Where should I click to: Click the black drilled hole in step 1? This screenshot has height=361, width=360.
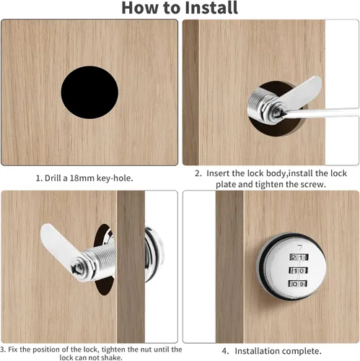click(x=89, y=92)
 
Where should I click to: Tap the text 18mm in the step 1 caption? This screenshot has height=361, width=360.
click(x=82, y=178)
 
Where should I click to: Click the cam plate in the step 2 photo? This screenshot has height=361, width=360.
click(x=301, y=92)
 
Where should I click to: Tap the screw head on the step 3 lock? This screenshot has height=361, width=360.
click(x=77, y=268)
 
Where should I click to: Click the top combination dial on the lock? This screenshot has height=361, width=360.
click(x=299, y=257)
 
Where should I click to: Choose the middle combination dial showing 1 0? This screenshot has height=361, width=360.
click(x=299, y=271)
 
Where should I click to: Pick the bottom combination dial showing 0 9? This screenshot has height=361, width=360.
click(x=298, y=284)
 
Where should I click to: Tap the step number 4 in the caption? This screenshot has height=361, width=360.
click(x=225, y=351)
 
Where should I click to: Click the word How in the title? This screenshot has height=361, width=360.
click(x=139, y=8)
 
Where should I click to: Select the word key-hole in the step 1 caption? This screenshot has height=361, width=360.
click(x=115, y=178)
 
